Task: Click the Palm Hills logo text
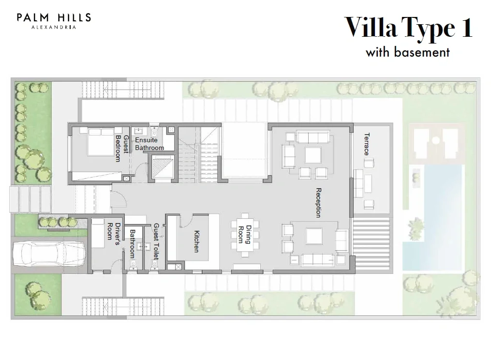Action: tap(54, 21)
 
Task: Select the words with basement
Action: tap(408, 52)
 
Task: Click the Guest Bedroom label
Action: tap(122, 148)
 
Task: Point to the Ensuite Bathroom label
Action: tap(149, 144)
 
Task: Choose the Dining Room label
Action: tap(245, 234)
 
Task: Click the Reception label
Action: tap(318, 202)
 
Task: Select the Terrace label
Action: tap(367, 144)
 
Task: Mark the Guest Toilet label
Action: tap(156, 241)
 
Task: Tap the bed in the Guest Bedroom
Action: tap(101, 142)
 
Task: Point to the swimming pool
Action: tap(432, 218)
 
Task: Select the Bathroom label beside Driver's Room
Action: tap(133, 243)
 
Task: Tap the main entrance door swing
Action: tap(119, 199)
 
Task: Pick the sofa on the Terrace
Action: tap(359, 183)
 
